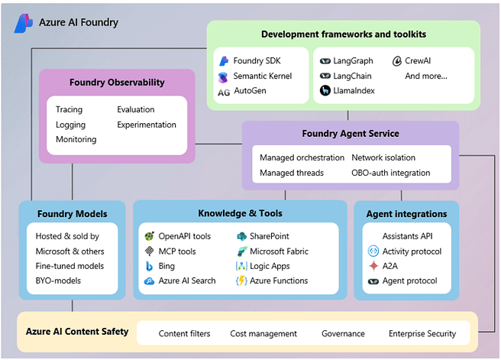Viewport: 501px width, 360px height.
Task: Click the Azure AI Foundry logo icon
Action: pos(23,23)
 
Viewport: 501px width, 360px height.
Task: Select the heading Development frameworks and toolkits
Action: pos(343,34)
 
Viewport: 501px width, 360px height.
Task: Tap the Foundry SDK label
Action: pos(258,60)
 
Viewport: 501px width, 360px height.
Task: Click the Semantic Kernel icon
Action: pos(223,76)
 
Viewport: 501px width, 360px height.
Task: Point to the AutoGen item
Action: pos(250,92)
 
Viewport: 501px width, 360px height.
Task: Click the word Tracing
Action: pos(69,109)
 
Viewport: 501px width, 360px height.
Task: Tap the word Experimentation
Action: pos(147,125)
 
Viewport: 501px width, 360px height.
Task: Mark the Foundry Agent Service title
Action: pos(350,134)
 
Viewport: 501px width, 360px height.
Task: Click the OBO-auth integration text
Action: pos(390,173)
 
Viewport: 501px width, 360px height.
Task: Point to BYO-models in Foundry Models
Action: pos(58,281)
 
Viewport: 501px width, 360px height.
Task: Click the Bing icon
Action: pos(150,266)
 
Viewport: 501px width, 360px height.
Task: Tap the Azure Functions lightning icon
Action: pos(241,281)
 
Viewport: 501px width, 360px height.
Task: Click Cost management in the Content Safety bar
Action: pos(263,333)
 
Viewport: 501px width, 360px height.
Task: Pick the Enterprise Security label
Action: pos(422,333)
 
